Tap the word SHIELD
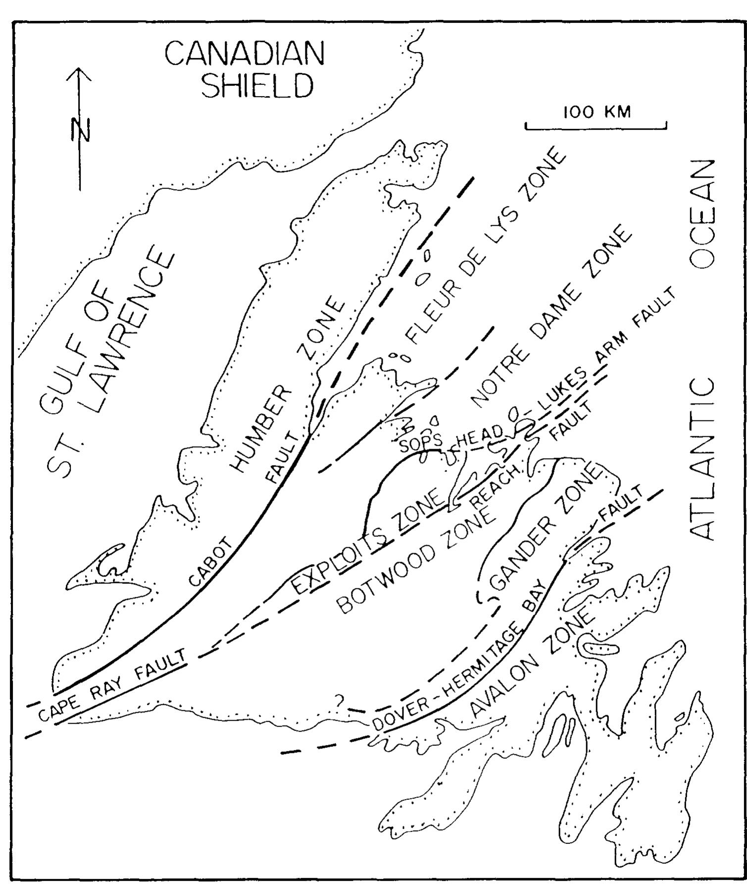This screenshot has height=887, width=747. point(258,85)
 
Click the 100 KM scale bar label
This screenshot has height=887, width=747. point(598,112)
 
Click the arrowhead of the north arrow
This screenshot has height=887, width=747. point(79,74)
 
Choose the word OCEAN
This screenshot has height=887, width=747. point(702,214)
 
